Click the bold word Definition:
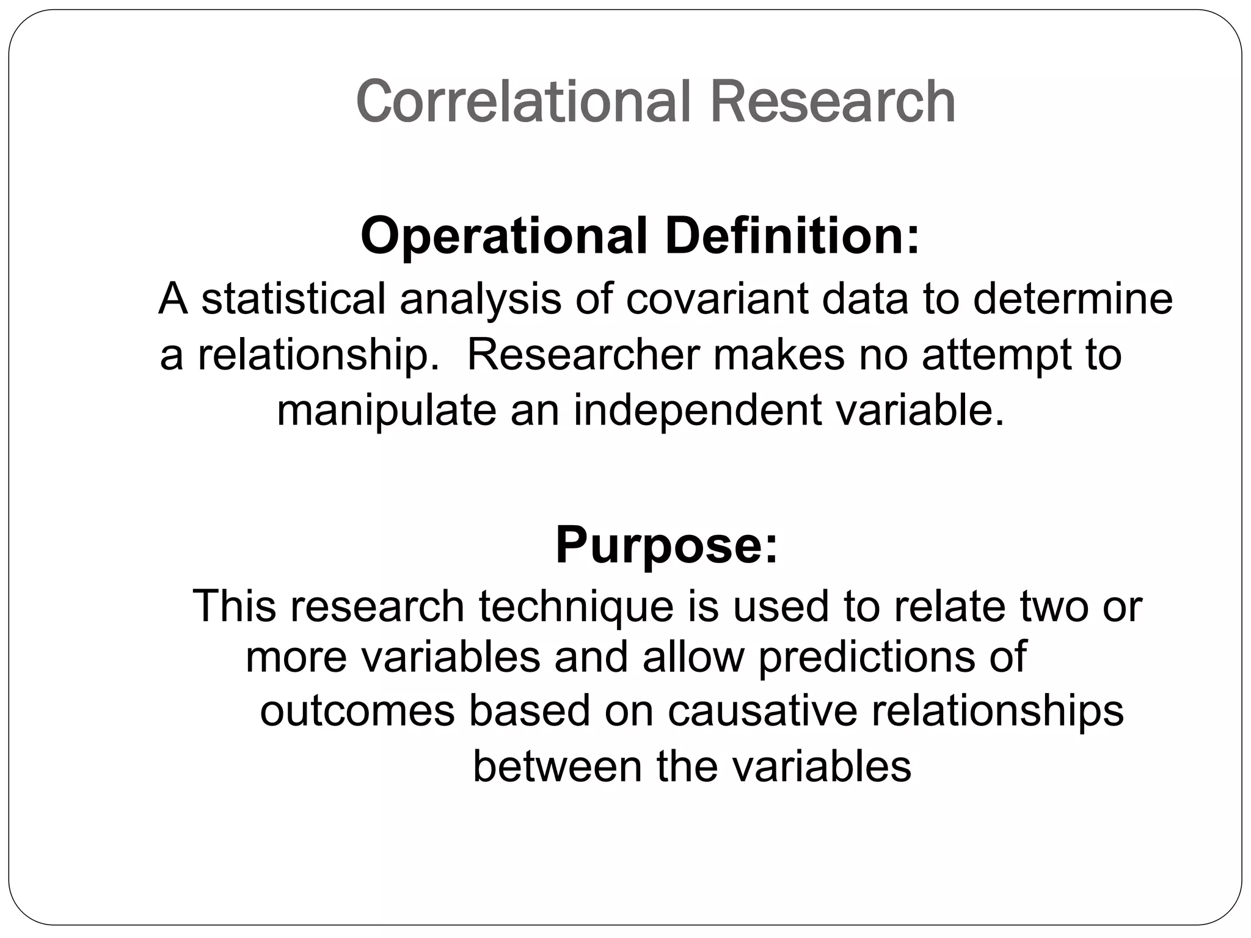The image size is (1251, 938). click(x=792, y=236)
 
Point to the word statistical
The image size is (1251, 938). click(x=293, y=299)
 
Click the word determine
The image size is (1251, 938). click(x=1072, y=299)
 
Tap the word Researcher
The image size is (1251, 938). click(x=583, y=355)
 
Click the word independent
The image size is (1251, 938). click(x=697, y=410)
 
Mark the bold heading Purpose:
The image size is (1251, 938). click(x=666, y=546)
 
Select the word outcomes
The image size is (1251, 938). click(x=357, y=711)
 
